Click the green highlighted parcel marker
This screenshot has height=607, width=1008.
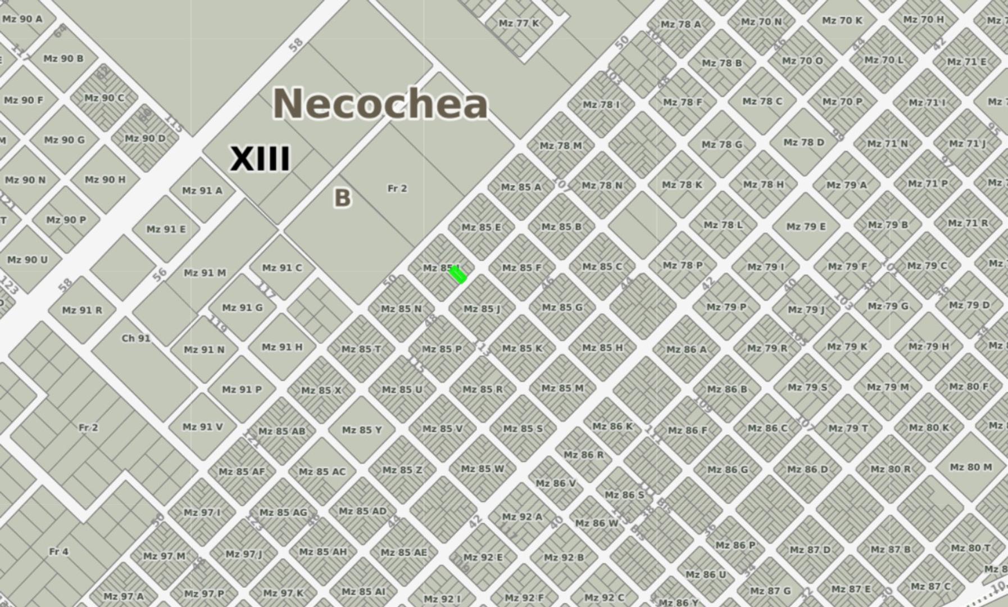tap(458, 275)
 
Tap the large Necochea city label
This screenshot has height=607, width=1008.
tap(380, 103)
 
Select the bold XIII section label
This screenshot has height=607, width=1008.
tap(260, 158)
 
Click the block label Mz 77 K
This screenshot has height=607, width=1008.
tap(519, 23)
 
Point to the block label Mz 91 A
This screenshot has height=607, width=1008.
tap(202, 191)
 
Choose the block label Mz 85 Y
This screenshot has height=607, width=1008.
tap(362, 430)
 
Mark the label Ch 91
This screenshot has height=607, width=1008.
tap(136, 338)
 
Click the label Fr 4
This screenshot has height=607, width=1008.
tap(58, 551)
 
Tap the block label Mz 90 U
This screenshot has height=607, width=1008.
tap(27, 260)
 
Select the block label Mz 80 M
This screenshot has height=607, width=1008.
tap(970, 467)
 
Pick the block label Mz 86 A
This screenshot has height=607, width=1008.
tap(686, 350)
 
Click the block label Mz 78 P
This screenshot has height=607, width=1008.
tap(682, 265)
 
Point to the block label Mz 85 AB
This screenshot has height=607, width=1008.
tap(282, 431)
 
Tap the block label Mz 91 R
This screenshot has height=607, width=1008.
tap(82, 310)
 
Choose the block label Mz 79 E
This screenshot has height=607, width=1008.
tap(806, 227)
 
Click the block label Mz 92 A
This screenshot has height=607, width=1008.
tap(522, 517)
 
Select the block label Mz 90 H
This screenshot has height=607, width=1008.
tap(105, 180)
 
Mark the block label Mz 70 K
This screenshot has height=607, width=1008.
tap(842, 20)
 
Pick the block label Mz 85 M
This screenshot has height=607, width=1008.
tap(562, 388)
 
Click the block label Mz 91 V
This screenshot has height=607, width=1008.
tap(202, 427)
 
